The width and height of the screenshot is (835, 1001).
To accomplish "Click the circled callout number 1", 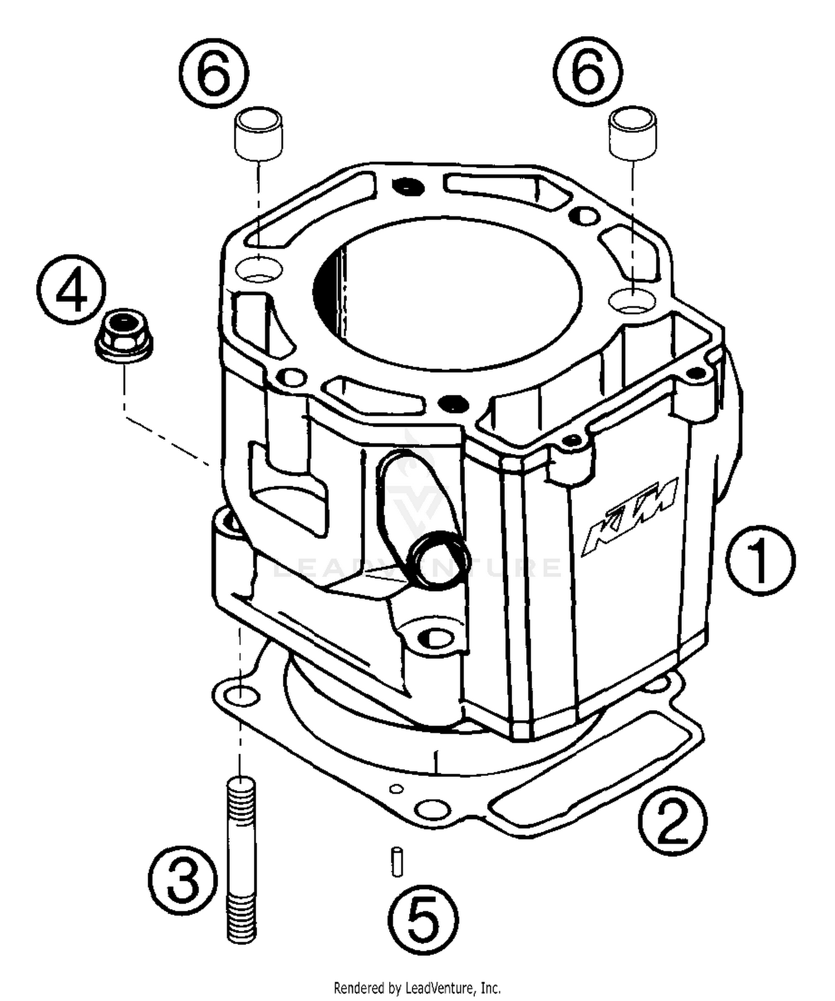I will [760, 560].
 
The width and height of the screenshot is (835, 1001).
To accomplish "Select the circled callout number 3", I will [183, 881].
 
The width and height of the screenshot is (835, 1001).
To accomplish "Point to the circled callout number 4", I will [71, 291].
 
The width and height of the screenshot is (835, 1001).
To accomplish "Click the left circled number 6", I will [214, 72].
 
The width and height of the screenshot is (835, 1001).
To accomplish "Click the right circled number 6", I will [588, 72].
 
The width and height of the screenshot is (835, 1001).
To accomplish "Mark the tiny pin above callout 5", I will [397, 861].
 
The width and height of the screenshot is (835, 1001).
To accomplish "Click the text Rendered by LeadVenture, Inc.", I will [417, 987].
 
